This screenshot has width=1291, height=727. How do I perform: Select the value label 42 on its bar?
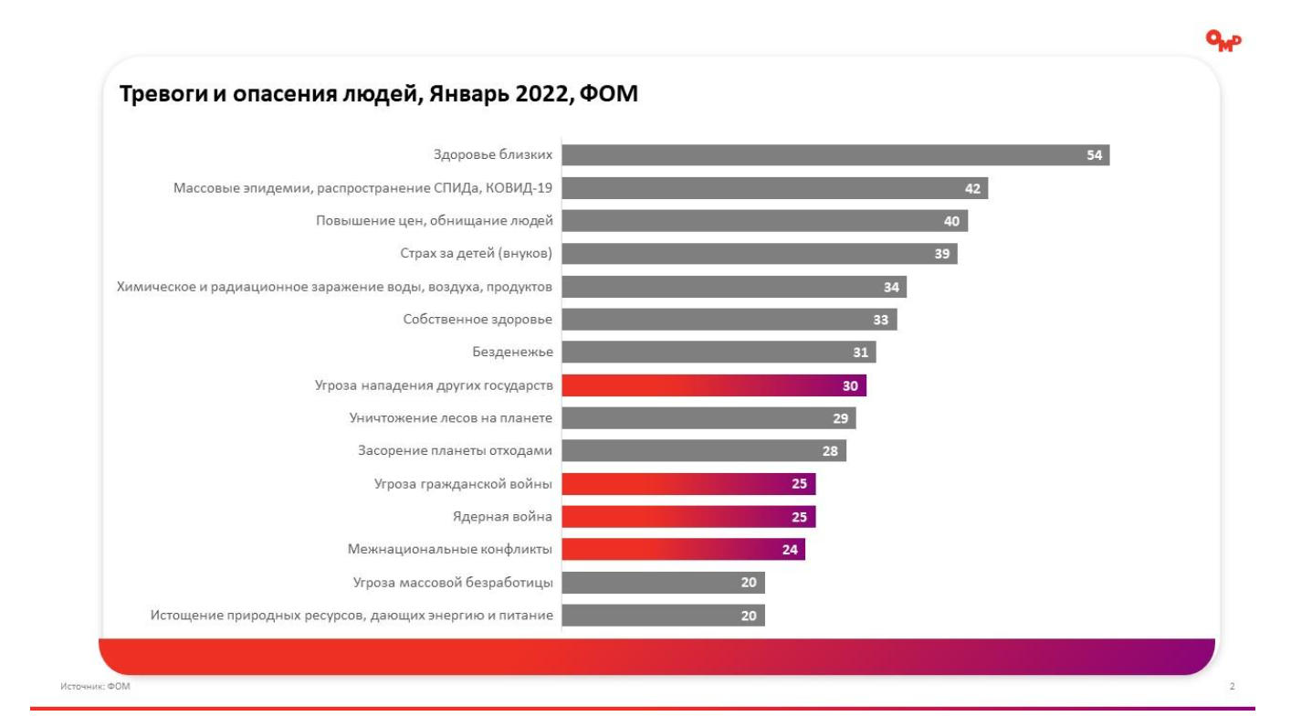(x=972, y=188)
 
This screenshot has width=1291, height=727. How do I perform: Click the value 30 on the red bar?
(x=850, y=385)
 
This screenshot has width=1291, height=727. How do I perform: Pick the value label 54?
(x=1094, y=155)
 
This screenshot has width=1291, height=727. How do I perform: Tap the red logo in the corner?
(x=1223, y=40)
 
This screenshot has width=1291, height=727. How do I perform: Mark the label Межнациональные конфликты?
(x=450, y=550)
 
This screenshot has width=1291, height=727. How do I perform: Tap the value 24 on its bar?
(x=790, y=550)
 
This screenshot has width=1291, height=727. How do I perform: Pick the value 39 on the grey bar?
(x=941, y=254)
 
